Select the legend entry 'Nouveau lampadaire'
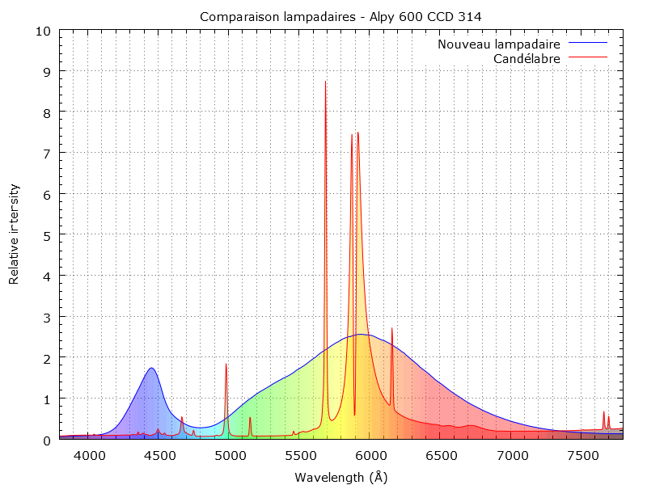499,44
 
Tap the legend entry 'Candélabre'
526,58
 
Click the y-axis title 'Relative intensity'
14,234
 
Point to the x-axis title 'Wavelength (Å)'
341,477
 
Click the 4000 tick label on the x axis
90,456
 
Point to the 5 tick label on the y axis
47,235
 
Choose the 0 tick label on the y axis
47,440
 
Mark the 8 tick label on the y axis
47,112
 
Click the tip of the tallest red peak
325,81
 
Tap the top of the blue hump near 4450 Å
151,369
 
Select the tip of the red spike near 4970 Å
226,365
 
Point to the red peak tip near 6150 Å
391,328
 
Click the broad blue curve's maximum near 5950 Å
362,334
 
